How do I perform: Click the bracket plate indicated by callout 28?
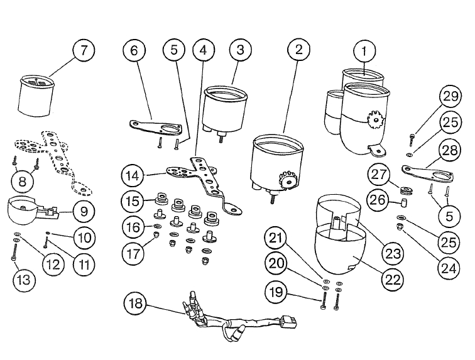click(427, 175)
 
